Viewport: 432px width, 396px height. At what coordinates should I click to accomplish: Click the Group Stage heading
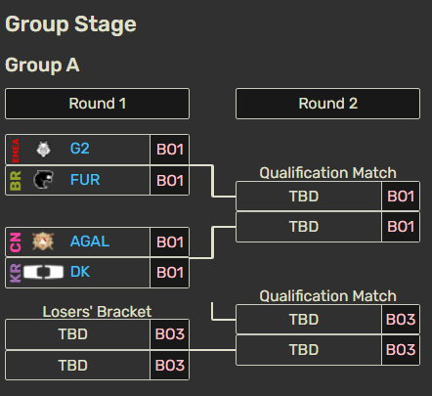coord(70,24)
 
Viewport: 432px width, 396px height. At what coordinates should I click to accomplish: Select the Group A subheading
coord(42,65)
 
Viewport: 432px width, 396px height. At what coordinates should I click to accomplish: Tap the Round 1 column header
coord(97,104)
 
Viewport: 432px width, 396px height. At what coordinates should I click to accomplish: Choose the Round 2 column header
coord(327,104)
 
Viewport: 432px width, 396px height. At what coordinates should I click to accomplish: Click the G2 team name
coord(80,149)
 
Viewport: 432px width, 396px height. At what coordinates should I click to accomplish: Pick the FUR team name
coord(85,180)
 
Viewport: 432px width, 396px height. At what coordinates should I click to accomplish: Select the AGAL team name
coord(90,242)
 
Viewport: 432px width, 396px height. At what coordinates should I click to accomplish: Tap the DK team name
coord(80,272)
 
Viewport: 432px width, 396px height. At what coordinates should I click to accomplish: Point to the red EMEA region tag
coord(16,151)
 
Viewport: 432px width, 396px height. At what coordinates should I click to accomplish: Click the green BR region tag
coord(16,181)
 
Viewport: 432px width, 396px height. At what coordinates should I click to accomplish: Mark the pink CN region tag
coord(16,242)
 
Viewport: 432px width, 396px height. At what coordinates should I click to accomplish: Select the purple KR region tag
coord(16,273)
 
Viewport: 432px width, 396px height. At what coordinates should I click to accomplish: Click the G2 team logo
coord(43,150)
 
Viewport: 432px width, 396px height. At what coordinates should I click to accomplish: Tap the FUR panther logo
coord(43,180)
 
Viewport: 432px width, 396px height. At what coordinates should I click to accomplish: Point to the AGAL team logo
coord(43,242)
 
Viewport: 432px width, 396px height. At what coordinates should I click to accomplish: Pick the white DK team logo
coord(43,272)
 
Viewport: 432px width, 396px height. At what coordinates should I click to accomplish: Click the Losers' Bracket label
coord(97,312)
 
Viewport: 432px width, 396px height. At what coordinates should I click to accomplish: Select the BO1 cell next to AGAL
coord(170,242)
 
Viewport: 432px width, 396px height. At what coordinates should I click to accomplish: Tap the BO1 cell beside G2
coord(170,150)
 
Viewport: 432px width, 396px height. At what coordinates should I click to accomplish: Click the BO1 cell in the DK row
coord(170,273)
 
